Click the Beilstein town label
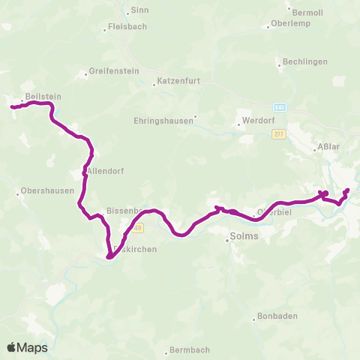(43, 97)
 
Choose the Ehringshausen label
(163, 119)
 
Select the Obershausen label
(48, 190)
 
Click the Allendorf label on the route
(105, 171)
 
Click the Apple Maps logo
(28, 347)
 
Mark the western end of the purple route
(12, 107)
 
